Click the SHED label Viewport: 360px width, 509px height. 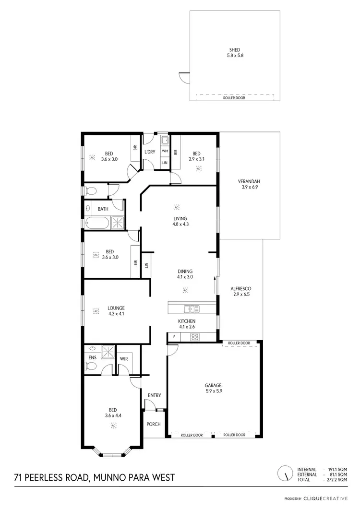234,49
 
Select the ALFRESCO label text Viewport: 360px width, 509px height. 240,289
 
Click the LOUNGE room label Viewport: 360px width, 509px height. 116,308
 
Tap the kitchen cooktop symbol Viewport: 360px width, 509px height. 195,337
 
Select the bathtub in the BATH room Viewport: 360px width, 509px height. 97,223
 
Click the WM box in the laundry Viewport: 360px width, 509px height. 165,151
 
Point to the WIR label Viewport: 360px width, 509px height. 123,359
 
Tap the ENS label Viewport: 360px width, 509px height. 92,357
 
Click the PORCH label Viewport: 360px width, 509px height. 154,424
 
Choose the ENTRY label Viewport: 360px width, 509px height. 154,395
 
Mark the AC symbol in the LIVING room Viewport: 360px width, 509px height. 176,207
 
